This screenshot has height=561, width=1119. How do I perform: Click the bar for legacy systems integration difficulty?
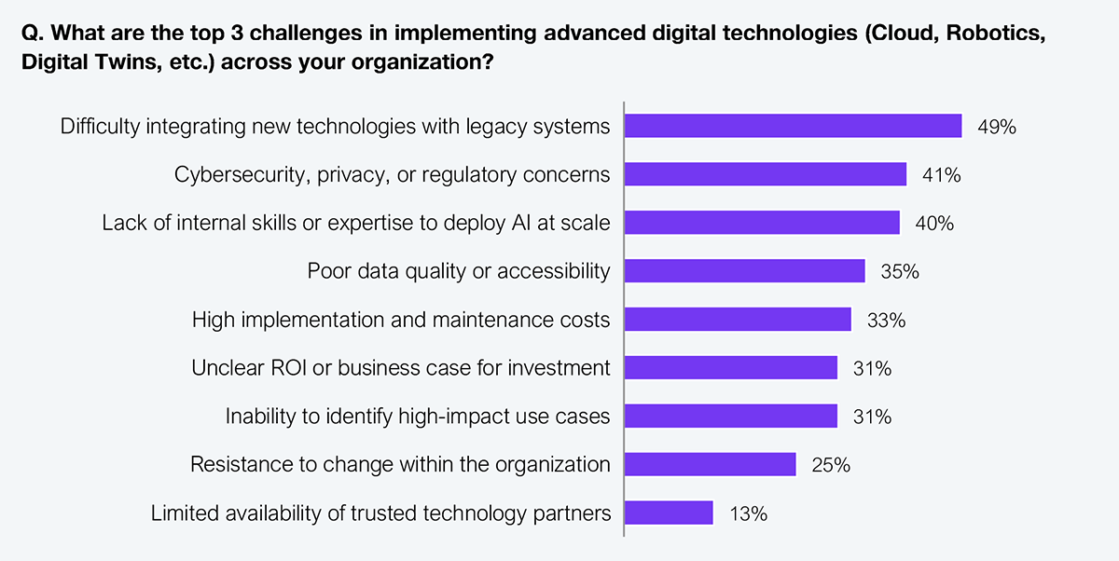793,126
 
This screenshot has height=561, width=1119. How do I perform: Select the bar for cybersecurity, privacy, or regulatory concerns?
765,174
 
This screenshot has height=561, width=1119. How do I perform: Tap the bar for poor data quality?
744,271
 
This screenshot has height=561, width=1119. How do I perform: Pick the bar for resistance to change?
710,464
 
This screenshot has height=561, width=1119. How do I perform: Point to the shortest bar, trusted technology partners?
669,513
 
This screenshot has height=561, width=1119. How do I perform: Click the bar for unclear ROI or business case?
730,368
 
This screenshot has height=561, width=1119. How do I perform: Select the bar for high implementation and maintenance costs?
738,320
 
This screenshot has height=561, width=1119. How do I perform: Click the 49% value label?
996,127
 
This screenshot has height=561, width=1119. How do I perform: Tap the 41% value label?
941,175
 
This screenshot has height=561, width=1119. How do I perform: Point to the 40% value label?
934,224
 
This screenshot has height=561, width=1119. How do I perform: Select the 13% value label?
748,513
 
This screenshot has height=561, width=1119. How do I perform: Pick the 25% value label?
830,465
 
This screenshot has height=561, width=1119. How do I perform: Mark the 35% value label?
900,272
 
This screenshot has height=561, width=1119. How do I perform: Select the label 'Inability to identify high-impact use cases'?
418,417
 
